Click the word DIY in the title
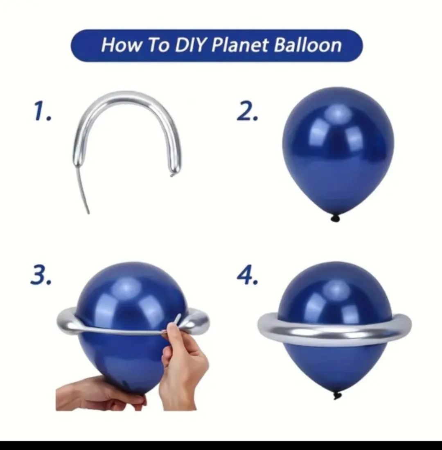pos(191,45)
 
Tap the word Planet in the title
pos(240,45)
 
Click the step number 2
pos(248,111)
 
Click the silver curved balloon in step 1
pos(127,102)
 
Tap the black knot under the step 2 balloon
pos(335,218)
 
